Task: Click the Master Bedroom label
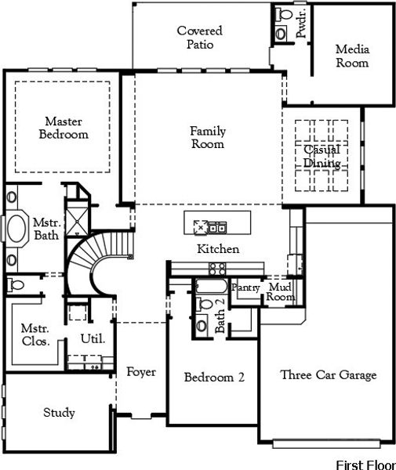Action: [64, 128]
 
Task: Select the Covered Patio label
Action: [198, 38]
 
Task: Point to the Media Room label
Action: [352, 56]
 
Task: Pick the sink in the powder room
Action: [282, 15]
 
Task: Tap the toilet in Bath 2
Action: [202, 324]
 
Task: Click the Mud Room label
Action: [280, 292]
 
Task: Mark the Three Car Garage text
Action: [328, 375]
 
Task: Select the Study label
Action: [59, 413]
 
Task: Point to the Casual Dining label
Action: [322, 157]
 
